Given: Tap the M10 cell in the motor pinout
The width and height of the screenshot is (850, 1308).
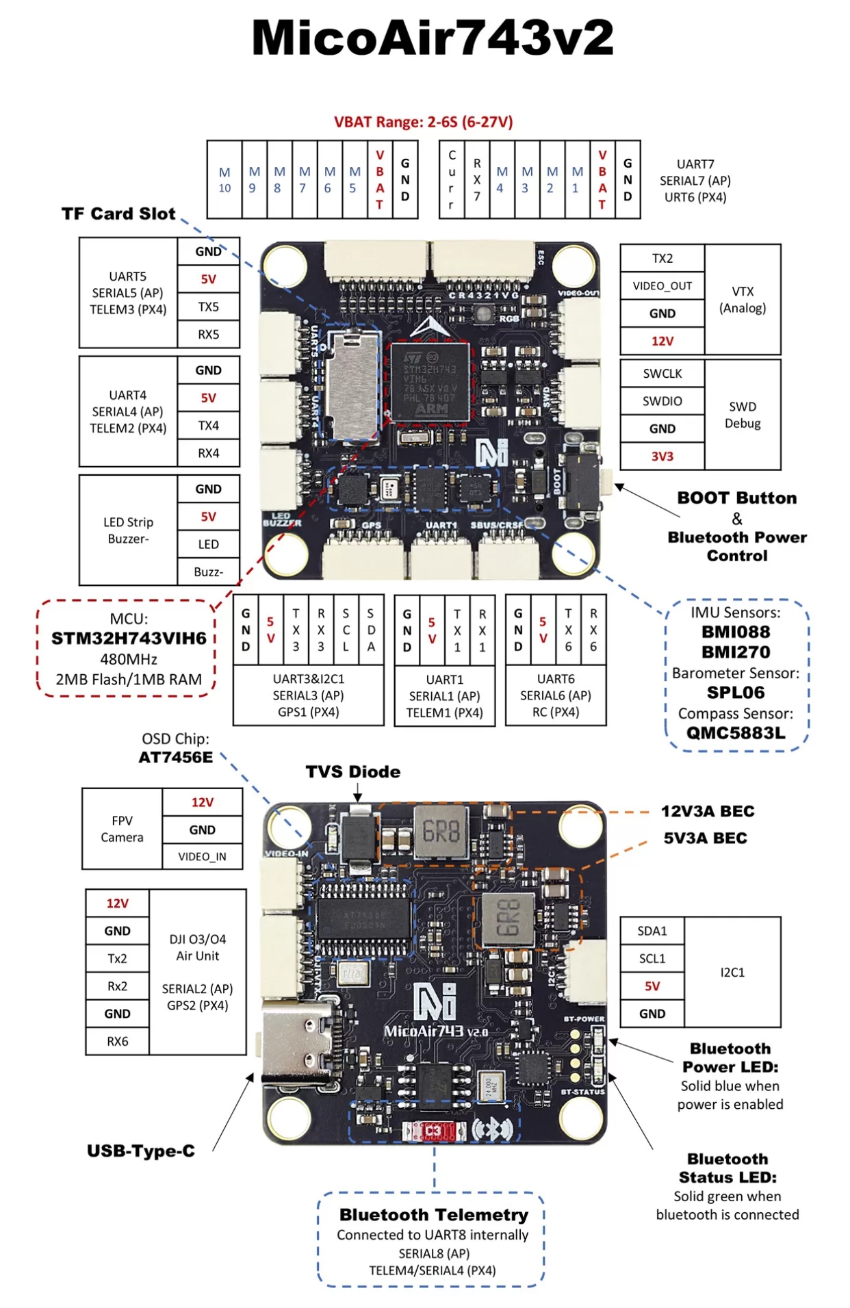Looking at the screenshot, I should (224, 180).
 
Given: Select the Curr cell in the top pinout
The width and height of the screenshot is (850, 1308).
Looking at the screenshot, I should (452, 180).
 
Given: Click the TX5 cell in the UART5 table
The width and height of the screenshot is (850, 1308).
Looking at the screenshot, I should (209, 307).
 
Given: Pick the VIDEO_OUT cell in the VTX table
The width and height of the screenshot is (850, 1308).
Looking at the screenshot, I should (662, 286).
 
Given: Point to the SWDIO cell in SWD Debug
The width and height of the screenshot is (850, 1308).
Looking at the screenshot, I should (662, 401).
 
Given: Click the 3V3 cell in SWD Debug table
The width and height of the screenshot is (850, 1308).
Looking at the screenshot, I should (662, 457).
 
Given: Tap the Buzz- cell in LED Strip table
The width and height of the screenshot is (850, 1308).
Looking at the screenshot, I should (209, 572).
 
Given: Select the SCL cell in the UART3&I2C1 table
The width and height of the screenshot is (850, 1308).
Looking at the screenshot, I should (346, 630).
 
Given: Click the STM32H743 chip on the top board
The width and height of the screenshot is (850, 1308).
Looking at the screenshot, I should (430, 383).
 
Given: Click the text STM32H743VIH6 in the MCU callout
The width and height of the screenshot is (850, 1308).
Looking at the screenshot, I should (129, 639).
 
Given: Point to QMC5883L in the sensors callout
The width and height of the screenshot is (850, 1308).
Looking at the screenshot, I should (736, 734).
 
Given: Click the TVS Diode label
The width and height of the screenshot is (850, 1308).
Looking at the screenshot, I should (353, 772).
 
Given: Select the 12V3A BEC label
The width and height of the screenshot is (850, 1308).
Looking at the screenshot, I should (708, 812).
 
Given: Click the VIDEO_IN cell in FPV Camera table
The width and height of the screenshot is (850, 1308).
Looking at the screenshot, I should (202, 857).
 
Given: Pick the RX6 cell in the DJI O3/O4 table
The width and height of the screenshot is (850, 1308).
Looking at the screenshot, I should (117, 1042).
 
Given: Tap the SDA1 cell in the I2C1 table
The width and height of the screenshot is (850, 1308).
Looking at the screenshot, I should (652, 932).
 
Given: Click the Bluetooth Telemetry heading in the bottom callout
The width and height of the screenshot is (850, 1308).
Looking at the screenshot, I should (434, 1215).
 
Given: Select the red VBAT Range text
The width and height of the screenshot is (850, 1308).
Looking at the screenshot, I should (424, 123).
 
